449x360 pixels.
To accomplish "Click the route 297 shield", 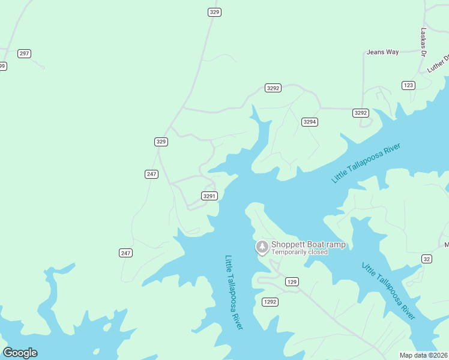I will coord(24,53).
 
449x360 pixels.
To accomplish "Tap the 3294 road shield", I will coord(309,122).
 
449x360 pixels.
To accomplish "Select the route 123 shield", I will coord(408,85).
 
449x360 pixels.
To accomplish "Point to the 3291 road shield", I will coord(209,196).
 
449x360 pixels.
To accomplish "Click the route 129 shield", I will coord(292,281).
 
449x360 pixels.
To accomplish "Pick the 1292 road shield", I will coord(270,302).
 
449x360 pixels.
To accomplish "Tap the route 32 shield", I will coord(426,259).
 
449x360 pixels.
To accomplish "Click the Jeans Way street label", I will coord(382,52).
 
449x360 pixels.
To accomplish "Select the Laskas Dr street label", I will coord(423,42).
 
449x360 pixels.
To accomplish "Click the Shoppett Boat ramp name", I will coord(308,244).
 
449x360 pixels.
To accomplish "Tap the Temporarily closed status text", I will coord(299,252).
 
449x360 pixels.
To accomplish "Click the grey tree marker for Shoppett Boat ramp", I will coord(262,247).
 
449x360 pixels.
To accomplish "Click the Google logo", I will coord(20,352).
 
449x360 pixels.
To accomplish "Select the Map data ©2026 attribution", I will coord(424,355).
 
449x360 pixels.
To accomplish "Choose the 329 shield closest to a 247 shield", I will coord(161,142).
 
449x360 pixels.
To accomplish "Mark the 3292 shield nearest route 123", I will coord(360,113).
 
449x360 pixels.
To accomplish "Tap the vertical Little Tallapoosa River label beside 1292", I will coord(234,292).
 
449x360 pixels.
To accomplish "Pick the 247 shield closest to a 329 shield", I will coord(151,174).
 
